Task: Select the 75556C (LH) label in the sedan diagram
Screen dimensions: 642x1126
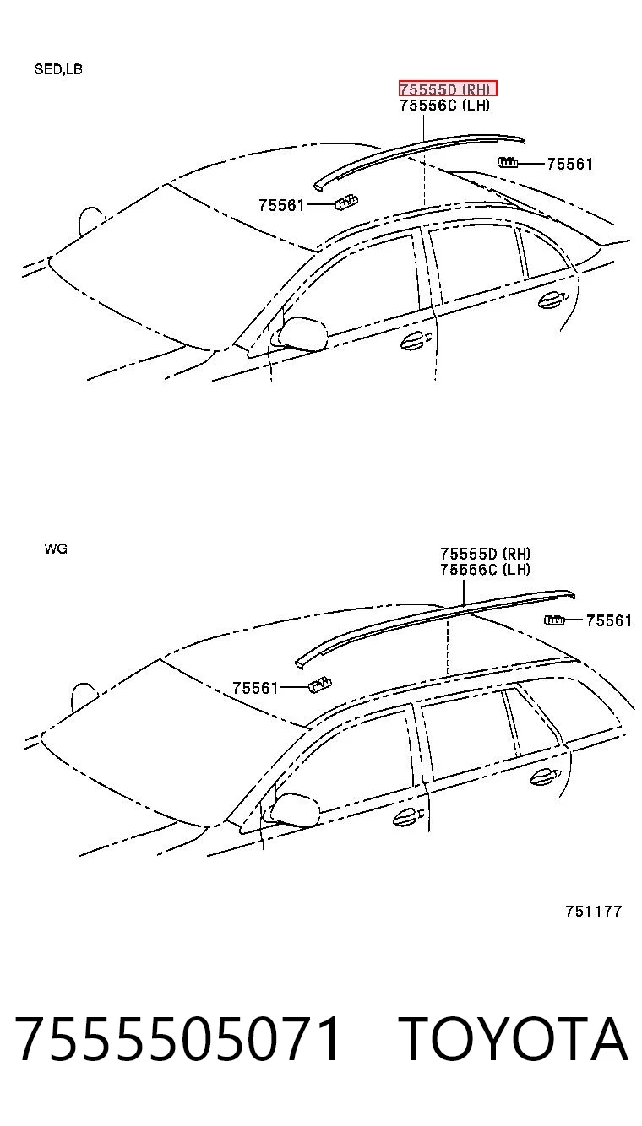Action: click(x=445, y=105)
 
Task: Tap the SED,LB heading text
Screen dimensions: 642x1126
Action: click(x=58, y=69)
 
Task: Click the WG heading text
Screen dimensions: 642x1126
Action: click(x=56, y=549)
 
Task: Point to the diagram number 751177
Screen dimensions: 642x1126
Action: click(x=594, y=911)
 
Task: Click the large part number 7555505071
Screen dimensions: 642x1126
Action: click(x=178, y=1038)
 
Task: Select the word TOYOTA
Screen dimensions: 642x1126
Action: click(x=514, y=1038)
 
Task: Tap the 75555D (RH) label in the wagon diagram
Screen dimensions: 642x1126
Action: click(x=486, y=554)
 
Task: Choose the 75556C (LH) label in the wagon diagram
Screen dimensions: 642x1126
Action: click(x=486, y=569)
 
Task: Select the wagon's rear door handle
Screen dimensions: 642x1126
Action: click(x=544, y=777)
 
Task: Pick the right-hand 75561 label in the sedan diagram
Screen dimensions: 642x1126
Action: click(x=570, y=164)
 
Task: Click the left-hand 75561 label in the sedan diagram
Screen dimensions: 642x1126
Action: click(x=282, y=205)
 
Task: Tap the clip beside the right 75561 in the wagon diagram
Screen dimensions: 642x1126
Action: click(x=554, y=620)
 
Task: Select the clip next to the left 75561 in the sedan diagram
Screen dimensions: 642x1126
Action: click(x=346, y=202)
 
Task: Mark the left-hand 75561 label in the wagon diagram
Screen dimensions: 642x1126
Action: click(x=255, y=687)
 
